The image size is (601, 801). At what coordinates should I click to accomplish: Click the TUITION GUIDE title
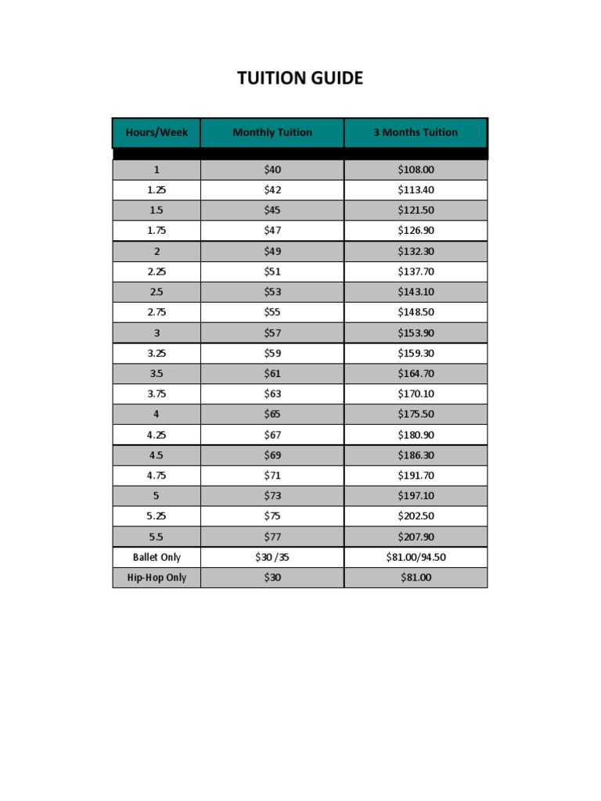tap(300, 78)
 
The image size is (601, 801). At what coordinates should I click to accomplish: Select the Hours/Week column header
tap(157, 132)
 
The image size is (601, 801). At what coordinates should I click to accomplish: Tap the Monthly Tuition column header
tap(272, 132)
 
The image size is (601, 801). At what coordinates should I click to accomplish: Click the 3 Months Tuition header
tap(416, 132)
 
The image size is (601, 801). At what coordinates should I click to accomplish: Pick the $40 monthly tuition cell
tap(272, 170)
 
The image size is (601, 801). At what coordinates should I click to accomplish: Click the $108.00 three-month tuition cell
tap(416, 170)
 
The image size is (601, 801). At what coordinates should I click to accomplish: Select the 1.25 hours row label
tap(157, 190)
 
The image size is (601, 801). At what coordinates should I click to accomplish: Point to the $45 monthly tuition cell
tap(272, 210)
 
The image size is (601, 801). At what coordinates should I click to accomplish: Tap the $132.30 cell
tap(416, 251)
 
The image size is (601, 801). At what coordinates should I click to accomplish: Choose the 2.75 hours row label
tap(157, 312)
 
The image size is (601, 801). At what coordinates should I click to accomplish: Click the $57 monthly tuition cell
tap(272, 332)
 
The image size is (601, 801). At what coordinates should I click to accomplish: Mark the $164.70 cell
tap(416, 373)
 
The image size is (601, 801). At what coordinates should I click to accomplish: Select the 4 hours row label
tap(157, 414)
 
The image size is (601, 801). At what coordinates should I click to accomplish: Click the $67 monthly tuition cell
tap(272, 434)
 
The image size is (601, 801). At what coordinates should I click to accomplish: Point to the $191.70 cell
tap(416, 475)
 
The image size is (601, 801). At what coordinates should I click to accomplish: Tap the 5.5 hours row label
tap(157, 536)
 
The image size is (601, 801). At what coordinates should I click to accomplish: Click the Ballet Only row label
tap(157, 557)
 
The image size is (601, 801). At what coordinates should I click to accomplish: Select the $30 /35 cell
tap(272, 557)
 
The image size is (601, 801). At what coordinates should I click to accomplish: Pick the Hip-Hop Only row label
tap(157, 577)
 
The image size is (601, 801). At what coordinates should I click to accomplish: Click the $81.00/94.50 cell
tap(416, 557)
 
